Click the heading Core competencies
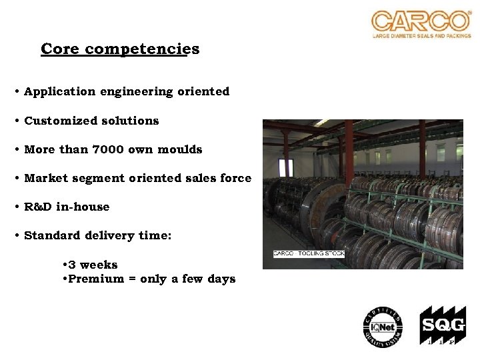coord(120,49)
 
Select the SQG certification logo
coord(442,326)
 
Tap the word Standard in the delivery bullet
coord(51,235)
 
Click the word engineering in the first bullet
coord(137,91)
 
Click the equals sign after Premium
coord(133,279)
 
